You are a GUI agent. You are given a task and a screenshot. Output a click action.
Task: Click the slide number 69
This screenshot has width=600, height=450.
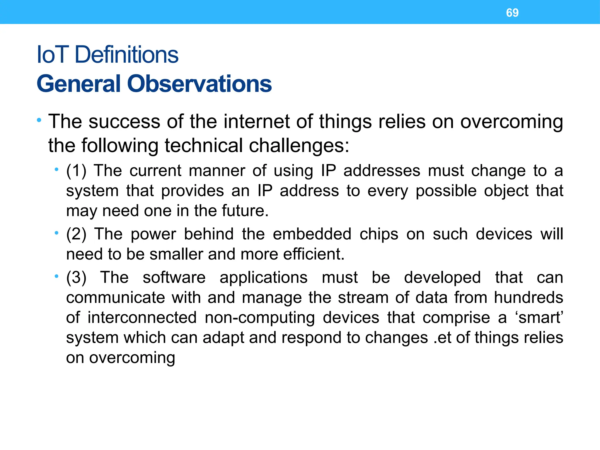click(x=512, y=13)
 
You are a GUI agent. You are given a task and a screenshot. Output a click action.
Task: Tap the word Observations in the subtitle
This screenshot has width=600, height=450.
click(x=199, y=84)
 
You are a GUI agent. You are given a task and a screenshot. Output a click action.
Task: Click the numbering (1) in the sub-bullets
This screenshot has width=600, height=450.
click(x=76, y=171)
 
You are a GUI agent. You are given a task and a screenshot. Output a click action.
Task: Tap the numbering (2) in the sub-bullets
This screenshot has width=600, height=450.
click(x=76, y=234)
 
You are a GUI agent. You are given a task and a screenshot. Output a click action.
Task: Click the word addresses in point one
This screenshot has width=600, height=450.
click(x=382, y=171)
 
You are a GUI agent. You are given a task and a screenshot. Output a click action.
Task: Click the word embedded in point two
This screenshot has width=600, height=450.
click(x=312, y=234)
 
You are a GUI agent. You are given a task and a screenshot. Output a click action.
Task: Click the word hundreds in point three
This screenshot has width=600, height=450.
click(x=529, y=297)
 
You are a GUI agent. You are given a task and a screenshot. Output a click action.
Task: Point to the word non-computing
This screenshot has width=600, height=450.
click(x=260, y=318)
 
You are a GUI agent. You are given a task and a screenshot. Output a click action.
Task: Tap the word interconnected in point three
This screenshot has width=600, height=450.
click(x=142, y=318)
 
